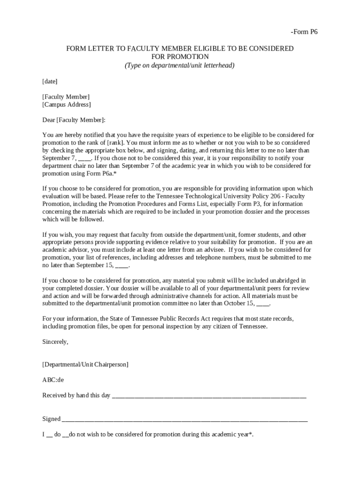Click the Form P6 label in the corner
point(304,32)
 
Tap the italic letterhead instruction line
point(180,65)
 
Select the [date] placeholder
point(50,81)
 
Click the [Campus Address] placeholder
point(66,104)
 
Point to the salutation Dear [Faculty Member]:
point(74,120)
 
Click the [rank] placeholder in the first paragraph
point(115,143)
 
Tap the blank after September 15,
point(122,265)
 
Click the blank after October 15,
point(263,303)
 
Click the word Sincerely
point(55,341)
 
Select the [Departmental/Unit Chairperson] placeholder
point(85,364)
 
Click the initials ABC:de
point(53,379)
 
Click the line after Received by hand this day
point(209,396)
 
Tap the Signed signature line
point(185,419)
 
